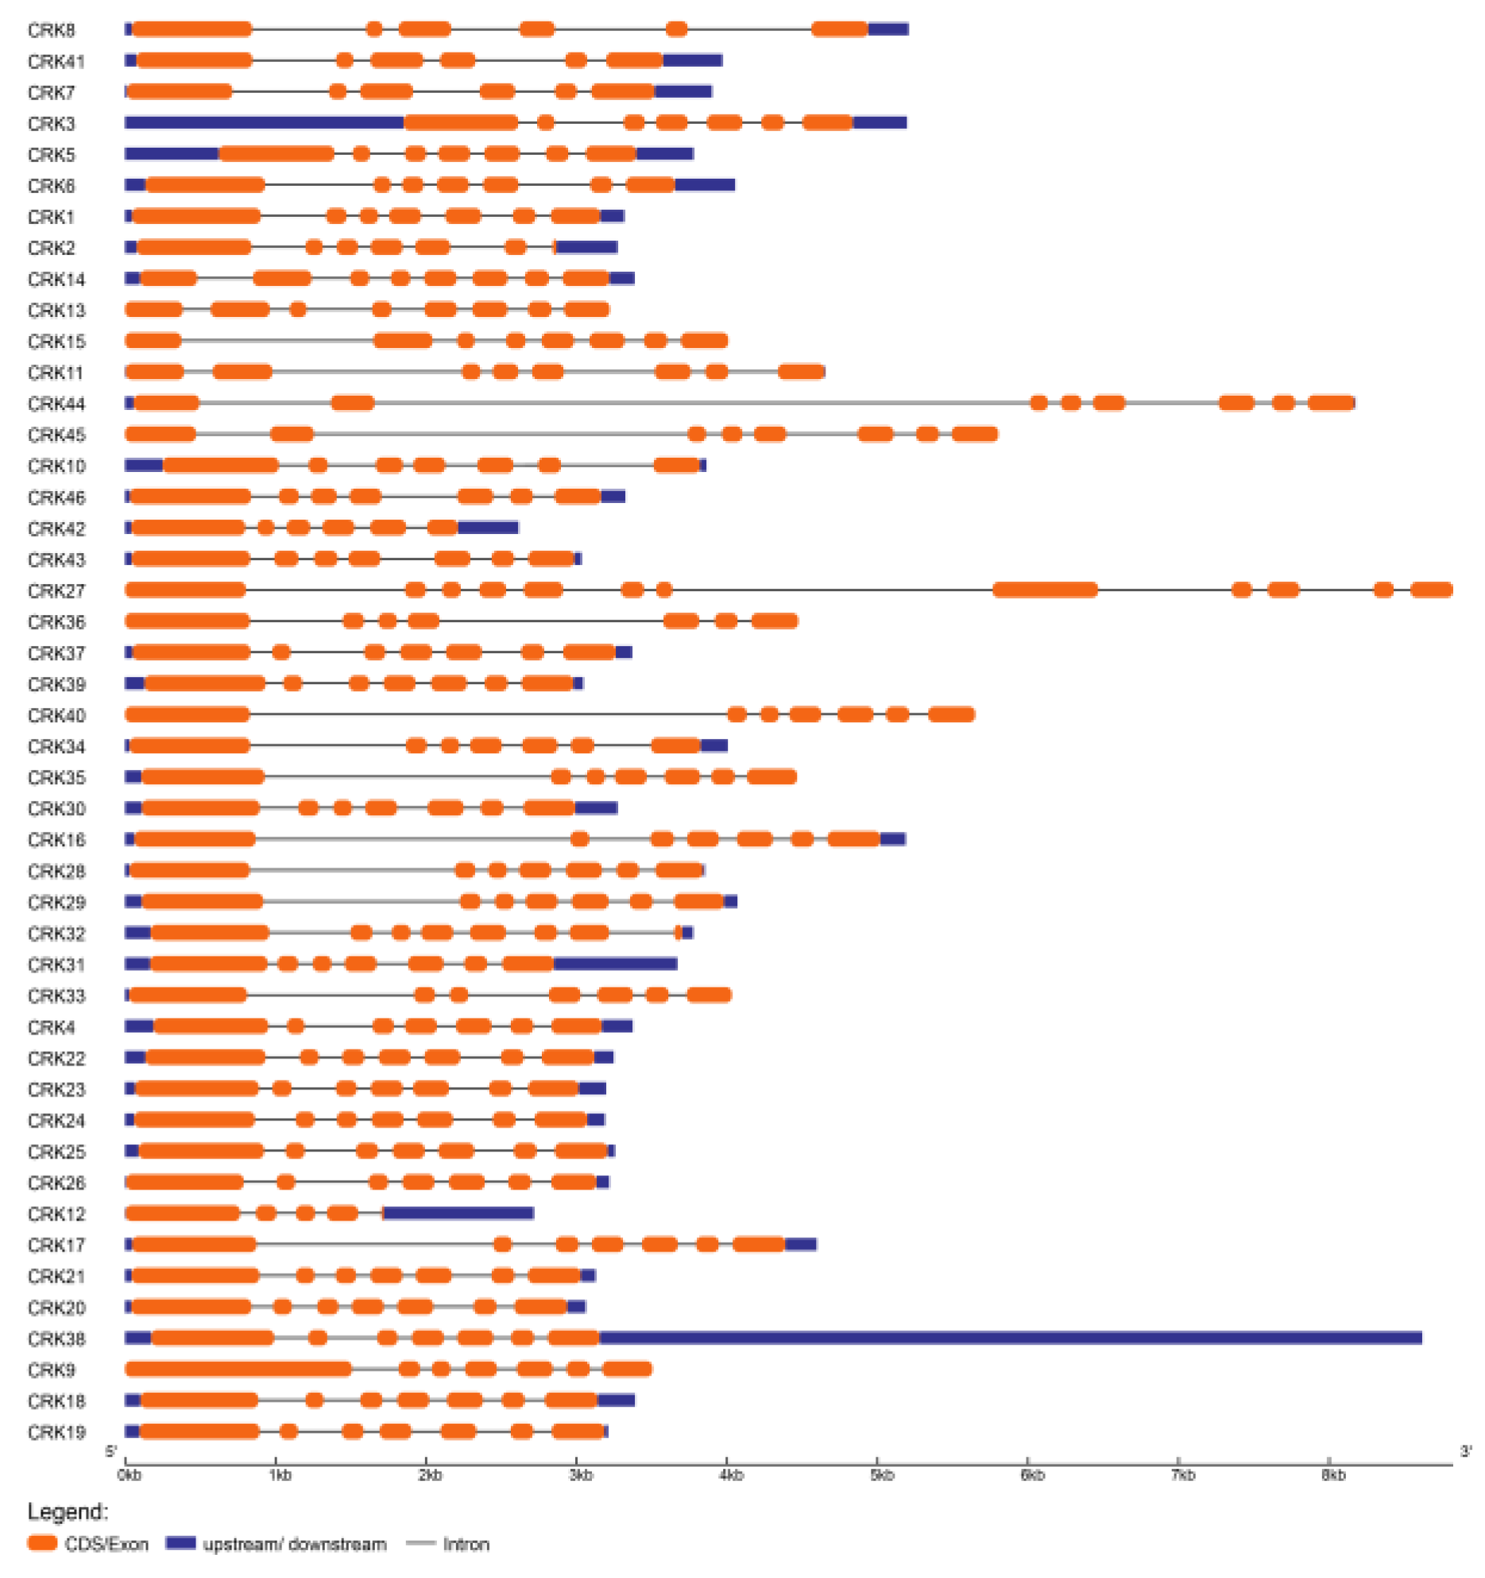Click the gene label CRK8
click(51, 30)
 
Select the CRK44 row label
click(56, 404)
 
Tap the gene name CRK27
click(56, 591)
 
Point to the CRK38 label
click(56, 1339)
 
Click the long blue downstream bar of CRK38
click(1009, 1338)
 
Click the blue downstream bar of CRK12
click(458, 1213)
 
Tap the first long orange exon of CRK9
click(238, 1369)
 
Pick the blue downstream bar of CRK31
click(615, 964)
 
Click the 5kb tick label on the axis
click(882, 1476)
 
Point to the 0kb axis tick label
click(130, 1476)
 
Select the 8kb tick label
click(1333, 1476)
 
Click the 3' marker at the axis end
click(1466, 1452)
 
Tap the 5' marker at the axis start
click(111, 1452)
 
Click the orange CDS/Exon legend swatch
click(42, 1543)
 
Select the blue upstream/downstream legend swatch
click(180, 1543)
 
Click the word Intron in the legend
click(466, 1544)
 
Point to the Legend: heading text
click(68, 1511)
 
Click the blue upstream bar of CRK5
click(172, 153)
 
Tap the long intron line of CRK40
click(489, 714)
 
